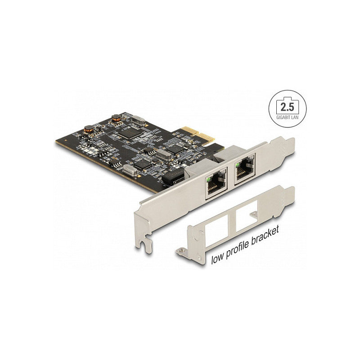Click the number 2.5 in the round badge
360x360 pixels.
click(x=287, y=107)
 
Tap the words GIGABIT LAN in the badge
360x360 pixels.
click(x=287, y=117)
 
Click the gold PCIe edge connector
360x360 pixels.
click(x=198, y=134)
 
